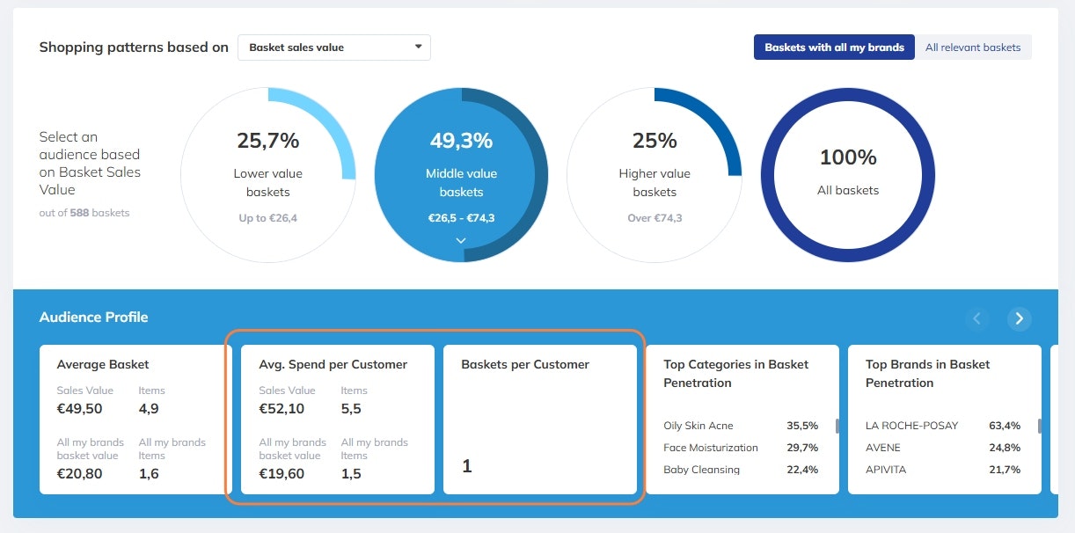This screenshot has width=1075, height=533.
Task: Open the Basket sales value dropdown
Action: coord(333,47)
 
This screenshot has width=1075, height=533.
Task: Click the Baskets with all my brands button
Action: coord(834,47)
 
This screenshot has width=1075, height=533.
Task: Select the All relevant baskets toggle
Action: coord(973,47)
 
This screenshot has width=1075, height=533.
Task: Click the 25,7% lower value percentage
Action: coord(268,140)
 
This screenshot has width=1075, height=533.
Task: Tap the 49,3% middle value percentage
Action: coord(461,140)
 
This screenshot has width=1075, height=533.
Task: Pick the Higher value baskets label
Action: coord(655,183)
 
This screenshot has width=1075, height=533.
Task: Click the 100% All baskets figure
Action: coord(848,157)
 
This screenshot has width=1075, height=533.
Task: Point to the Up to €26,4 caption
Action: coord(268,218)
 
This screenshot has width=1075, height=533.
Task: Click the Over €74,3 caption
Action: coord(655,218)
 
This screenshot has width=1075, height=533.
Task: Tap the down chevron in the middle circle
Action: coord(461,240)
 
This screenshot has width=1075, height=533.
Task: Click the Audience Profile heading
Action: coord(94,318)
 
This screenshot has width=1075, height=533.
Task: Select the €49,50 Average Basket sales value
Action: coord(79,409)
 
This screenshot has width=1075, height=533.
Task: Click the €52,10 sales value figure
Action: coord(282,409)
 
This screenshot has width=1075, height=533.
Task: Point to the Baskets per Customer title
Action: coord(525,364)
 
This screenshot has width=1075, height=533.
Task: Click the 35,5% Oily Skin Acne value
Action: coord(802,426)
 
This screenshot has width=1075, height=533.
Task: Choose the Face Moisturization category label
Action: coord(711,448)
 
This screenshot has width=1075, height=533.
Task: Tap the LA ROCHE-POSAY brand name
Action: coord(912,426)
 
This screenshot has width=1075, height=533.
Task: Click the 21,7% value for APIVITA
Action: coord(1005,470)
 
